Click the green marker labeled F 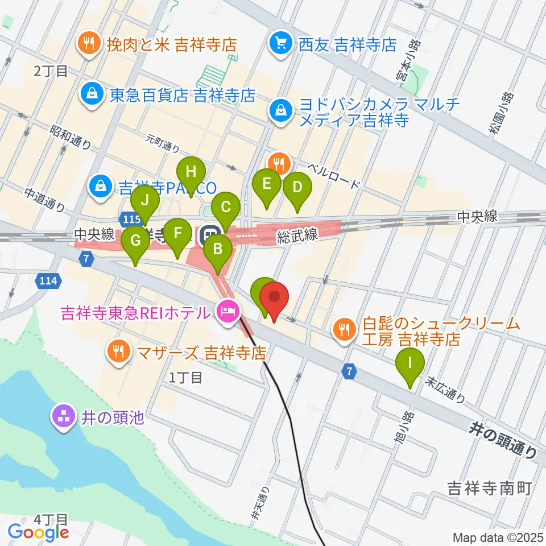pos(177,234)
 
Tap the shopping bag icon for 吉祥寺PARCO pos(100,186)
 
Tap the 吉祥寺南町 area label pos(489,487)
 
